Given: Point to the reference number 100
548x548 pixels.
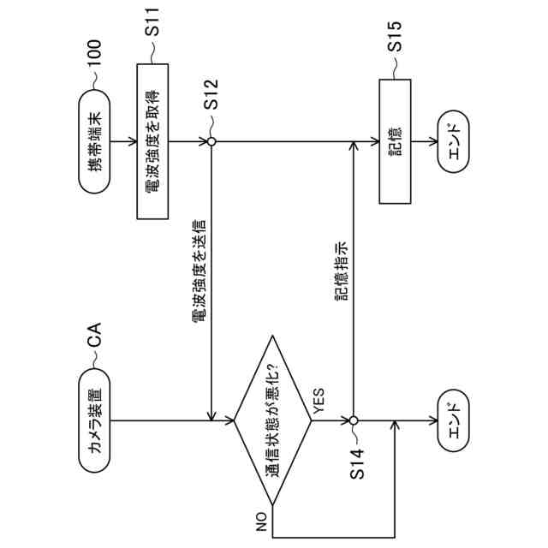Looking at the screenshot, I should tap(94, 54).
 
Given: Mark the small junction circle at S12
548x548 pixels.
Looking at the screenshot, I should tap(211, 141).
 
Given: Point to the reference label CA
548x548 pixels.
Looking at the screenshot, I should tap(94, 337).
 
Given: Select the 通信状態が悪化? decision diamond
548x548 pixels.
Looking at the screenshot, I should tap(273, 420).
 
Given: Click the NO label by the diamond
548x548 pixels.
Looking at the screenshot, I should tap(261, 520).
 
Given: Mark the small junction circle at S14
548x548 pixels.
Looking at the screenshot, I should tap(352, 420).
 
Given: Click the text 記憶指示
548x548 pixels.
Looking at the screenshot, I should tap(341, 271).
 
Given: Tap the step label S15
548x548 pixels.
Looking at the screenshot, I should tap(395, 48).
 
